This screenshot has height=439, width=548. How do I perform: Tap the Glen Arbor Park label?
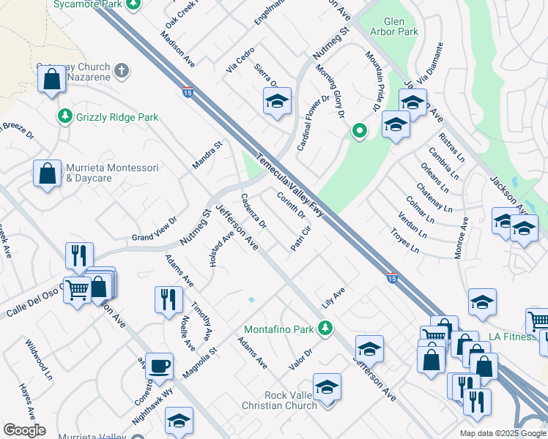coord(395,26)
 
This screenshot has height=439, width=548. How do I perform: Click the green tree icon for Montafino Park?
coord(330,327)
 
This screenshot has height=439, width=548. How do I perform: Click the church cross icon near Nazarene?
coord(122,71)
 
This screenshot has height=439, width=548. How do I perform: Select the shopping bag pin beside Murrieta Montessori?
coord(47,174)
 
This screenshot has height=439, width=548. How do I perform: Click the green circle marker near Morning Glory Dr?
coord(359,132)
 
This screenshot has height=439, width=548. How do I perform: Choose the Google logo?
coord(24,430)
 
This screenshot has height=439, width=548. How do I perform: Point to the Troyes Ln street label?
coord(405,239)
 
